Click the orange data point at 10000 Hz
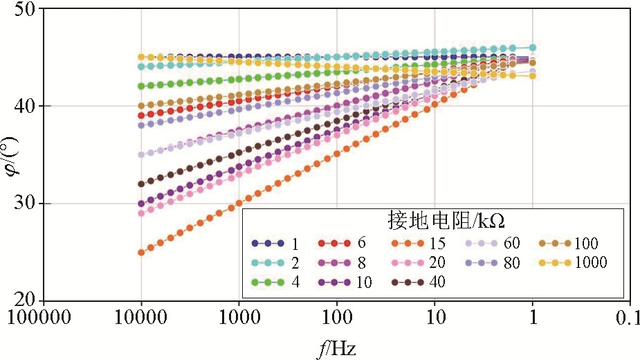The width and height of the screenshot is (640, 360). pyautogui.click(x=141, y=252)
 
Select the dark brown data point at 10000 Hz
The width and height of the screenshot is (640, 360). pyautogui.click(x=141, y=184)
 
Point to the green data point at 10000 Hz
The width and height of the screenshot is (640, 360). pyautogui.click(x=141, y=87)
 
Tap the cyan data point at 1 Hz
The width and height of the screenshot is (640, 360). pyautogui.click(x=532, y=48)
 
